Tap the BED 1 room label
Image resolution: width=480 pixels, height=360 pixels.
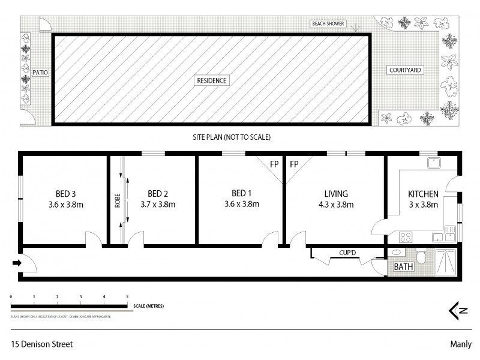[241, 193]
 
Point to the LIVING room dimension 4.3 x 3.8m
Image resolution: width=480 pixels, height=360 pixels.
[335, 204]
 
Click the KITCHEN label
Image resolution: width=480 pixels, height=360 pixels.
[423, 193]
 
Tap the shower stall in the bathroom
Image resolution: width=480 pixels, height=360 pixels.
[445, 261]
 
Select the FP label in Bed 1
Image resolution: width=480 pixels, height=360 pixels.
[274, 164]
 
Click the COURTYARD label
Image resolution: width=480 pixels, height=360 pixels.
[405, 70]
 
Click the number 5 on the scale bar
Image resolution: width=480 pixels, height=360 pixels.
[127, 297]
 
